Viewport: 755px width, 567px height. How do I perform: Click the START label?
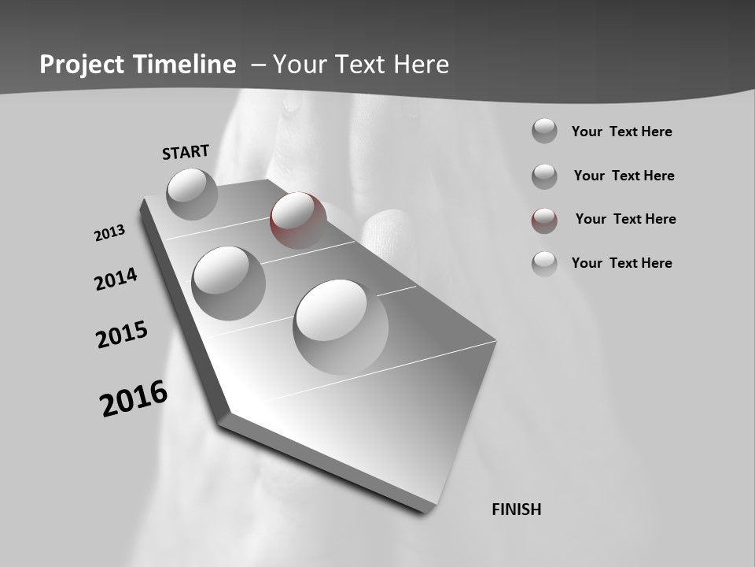(x=186, y=152)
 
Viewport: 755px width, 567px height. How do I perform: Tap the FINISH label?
(x=517, y=510)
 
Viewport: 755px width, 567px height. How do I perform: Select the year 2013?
(x=109, y=233)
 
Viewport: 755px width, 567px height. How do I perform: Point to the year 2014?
(x=116, y=279)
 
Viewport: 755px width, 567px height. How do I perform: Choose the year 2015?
(x=122, y=334)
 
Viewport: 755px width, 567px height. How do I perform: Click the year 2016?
(x=134, y=398)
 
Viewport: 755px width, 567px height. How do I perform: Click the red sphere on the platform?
(x=298, y=220)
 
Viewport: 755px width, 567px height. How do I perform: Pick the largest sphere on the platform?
(x=341, y=327)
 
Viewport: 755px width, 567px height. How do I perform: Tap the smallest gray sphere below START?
(x=192, y=194)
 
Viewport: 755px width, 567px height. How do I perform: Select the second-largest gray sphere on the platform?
(x=228, y=283)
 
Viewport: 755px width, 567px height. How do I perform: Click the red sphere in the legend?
(x=544, y=220)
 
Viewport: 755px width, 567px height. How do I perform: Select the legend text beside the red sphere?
(x=625, y=219)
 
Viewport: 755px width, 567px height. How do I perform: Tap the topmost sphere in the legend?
(x=544, y=131)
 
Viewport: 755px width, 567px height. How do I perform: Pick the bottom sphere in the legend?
(x=544, y=263)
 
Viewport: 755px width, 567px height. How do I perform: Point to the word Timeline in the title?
(x=187, y=65)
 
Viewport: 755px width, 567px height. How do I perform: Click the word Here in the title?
(x=421, y=65)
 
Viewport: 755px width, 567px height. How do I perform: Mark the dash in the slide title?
(x=258, y=65)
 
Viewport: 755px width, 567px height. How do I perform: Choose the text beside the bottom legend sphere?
(x=621, y=263)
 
